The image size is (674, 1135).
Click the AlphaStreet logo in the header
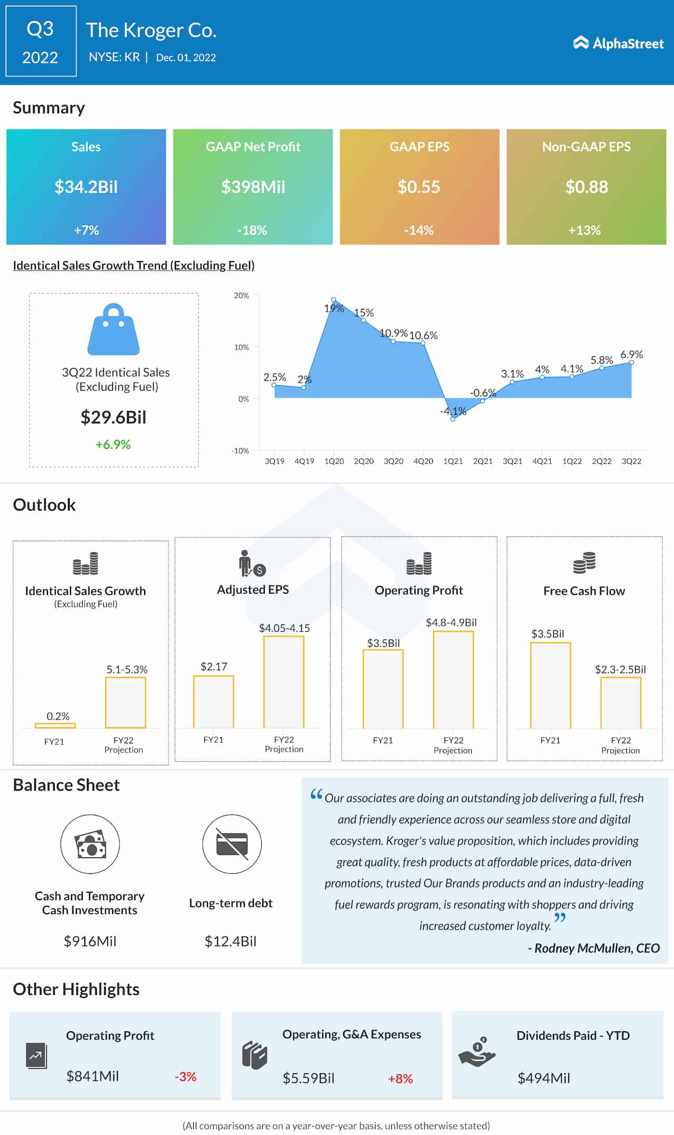618,43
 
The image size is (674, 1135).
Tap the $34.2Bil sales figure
86,187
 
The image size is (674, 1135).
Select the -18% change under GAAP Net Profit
252,230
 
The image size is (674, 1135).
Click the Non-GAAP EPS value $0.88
586,187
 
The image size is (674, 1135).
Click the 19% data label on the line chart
334,308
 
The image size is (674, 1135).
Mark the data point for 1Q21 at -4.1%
453,419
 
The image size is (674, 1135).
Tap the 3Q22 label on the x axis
631,461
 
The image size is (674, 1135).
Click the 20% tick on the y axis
241,295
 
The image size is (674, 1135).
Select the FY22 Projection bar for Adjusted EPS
284,682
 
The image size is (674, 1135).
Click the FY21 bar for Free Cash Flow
550,685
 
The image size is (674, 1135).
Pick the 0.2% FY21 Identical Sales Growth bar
55,725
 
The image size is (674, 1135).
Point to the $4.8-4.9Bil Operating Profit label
451,622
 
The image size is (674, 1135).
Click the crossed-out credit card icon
232,844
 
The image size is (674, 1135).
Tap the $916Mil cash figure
90,941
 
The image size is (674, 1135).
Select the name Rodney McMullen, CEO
597,948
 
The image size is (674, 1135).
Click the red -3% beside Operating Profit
185,1077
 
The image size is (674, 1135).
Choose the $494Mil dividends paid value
543,1078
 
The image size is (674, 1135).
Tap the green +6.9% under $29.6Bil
113,444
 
